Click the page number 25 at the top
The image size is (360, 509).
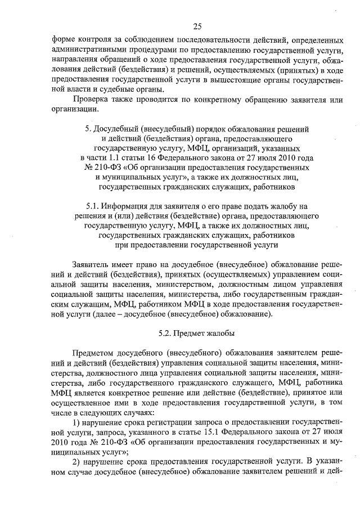[x=197, y=26]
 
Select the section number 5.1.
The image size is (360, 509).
[x=94, y=206]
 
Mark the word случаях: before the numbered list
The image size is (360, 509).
[x=129, y=411]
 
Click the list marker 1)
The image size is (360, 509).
[x=79, y=421]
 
